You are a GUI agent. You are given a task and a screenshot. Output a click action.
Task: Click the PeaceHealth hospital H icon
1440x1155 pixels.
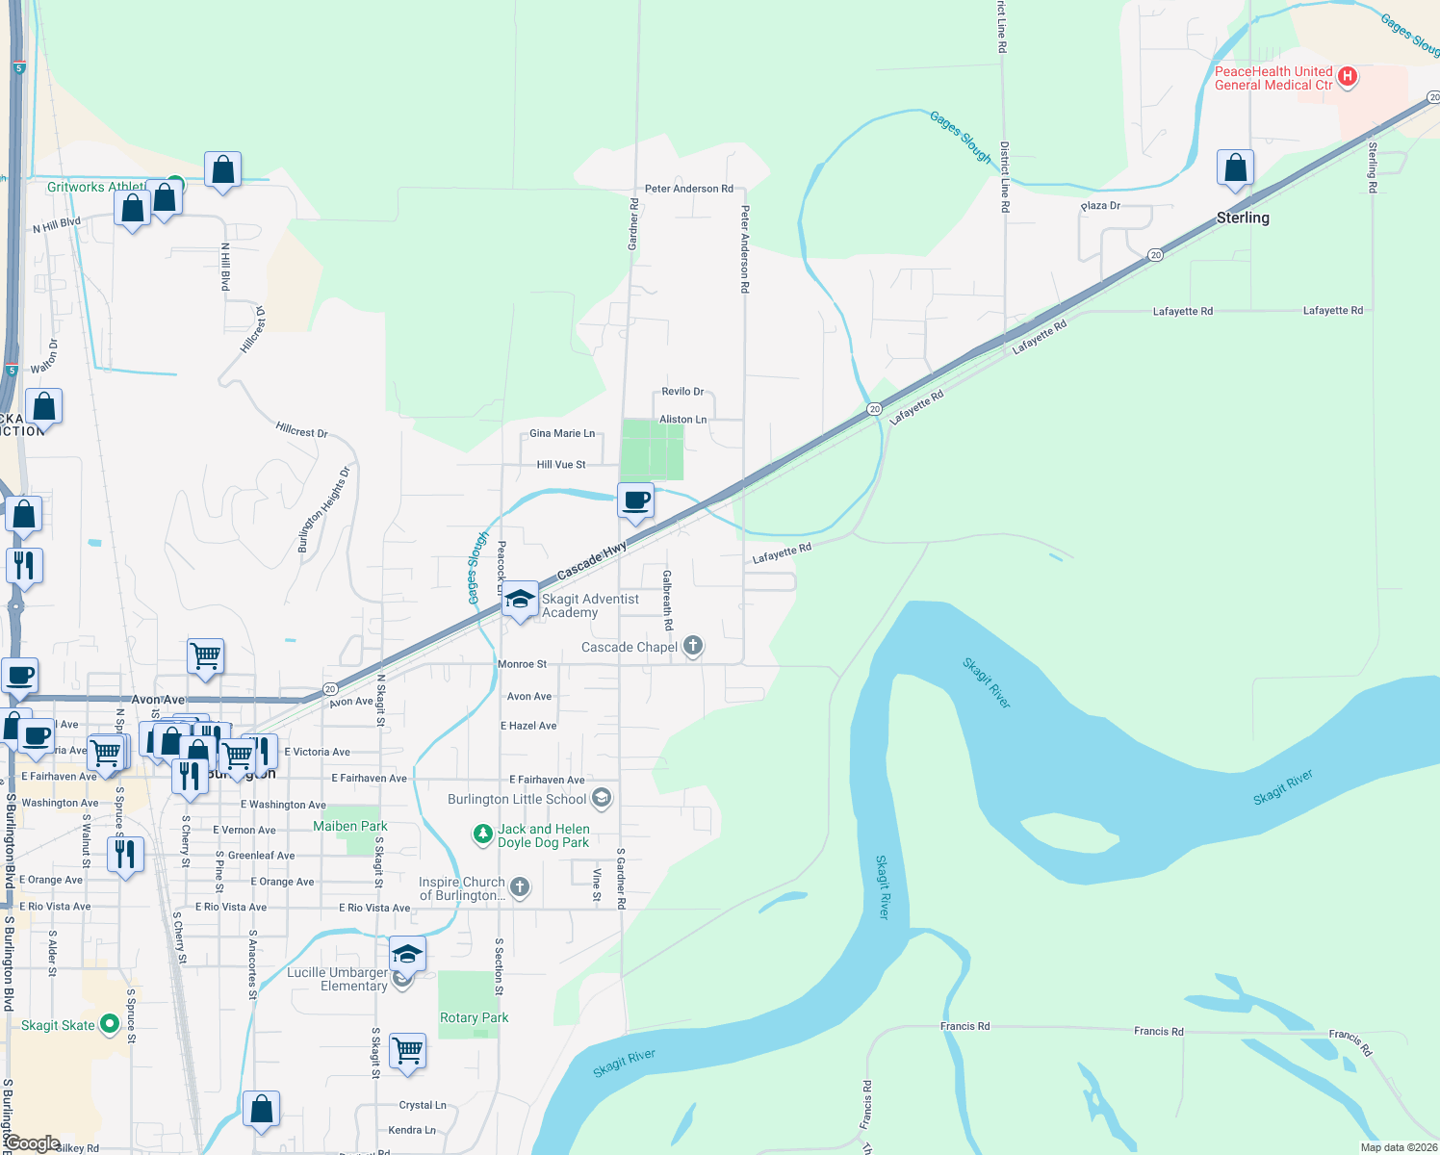click(x=1348, y=77)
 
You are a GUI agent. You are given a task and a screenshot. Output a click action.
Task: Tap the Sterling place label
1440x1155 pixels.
click(x=1243, y=218)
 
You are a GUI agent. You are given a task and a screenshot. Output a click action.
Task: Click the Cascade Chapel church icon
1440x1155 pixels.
click(x=693, y=647)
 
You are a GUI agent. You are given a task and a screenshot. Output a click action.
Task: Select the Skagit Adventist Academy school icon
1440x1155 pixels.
click(x=520, y=601)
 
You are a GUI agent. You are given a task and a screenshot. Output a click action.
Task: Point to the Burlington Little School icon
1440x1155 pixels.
click(x=602, y=798)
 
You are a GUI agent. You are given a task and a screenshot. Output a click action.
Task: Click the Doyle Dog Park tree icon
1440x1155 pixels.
click(x=483, y=834)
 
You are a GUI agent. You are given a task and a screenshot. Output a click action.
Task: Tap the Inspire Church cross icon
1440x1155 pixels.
click(x=520, y=886)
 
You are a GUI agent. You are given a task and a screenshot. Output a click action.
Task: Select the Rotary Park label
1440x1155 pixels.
click(x=474, y=1017)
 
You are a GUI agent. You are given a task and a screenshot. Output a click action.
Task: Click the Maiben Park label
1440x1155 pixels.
click(x=350, y=826)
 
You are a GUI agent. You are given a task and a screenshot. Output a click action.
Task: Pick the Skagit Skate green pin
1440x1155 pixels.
click(x=110, y=1024)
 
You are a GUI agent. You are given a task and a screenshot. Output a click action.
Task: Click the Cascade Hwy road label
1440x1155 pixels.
click(x=591, y=560)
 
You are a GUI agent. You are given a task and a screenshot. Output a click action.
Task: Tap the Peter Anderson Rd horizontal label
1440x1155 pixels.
click(x=688, y=189)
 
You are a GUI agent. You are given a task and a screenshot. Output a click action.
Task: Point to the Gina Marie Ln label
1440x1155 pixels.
click(x=562, y=433)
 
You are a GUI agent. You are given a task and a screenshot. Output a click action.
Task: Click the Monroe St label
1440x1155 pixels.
click(x=522, y=664)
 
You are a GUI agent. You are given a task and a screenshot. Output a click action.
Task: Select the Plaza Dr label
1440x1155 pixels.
click(x=1100, y=206)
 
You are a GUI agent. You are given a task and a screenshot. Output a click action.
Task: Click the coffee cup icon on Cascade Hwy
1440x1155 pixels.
click(x=635, y=501)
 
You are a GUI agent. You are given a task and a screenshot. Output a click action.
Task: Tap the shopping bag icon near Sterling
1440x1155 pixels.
click(x=1235, y=168)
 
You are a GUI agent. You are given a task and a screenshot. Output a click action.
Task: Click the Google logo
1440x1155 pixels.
click(x=33, y=1143)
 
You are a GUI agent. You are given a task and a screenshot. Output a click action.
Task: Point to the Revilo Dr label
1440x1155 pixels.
click(x=682, y=392)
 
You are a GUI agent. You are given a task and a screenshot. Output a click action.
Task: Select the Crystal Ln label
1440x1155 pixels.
click(x=423, y=1105)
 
